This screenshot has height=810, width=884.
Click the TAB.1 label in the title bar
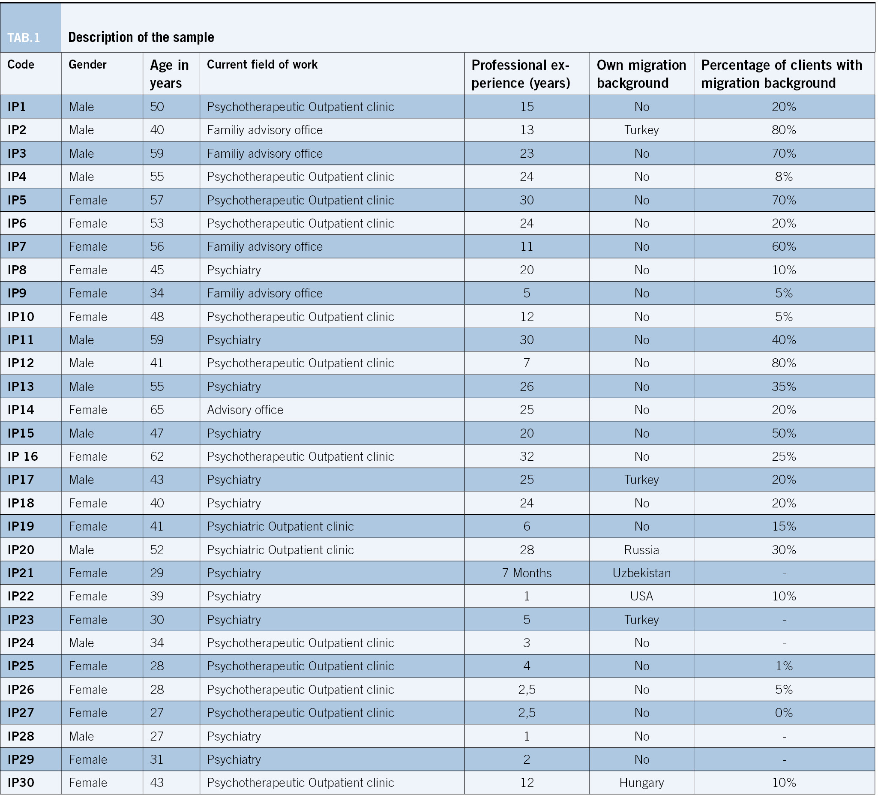pos(24,38)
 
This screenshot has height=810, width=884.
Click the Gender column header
pos(87,64)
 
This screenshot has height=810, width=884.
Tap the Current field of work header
pos(262,64)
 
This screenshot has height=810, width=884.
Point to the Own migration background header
pos(641,74)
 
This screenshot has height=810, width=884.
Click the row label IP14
pos(21,410)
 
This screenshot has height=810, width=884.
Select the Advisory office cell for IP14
pos(245,410)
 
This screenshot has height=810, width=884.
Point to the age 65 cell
pos(156,410)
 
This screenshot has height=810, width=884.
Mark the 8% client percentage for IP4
pos(784,176)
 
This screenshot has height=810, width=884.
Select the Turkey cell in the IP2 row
pos(641,130)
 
